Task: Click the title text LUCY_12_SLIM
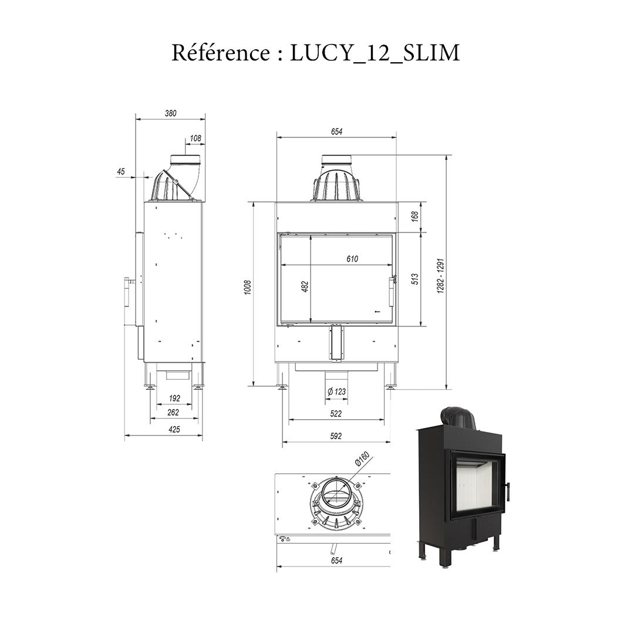(375, 53)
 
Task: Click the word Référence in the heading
(220, 53)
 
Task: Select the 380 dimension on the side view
(171, 113)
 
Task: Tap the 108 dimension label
(195, 139)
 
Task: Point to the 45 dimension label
(121, 171)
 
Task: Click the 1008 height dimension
(248, 287)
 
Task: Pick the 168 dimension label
(416, 217)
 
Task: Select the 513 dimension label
(416, 279)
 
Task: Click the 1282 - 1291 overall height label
(441, 276)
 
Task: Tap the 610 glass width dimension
(352, 259)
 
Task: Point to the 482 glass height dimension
(305, 287)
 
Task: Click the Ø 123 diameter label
(336, 392)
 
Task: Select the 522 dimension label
(336, 414)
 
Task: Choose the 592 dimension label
(336, 436)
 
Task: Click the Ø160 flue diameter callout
(361, 461)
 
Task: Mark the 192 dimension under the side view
(174, 399)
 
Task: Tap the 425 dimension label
(174, 429)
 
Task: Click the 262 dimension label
(173, 413)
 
